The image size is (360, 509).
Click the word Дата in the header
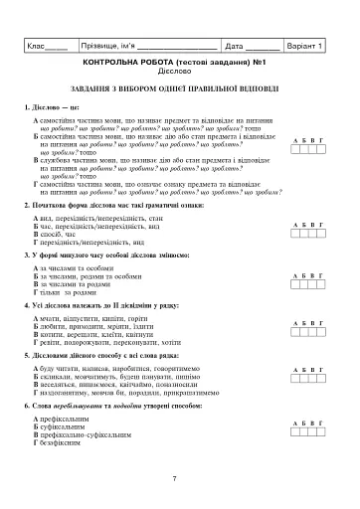coord(235,46)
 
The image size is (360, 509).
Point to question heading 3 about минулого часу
coord(100,255)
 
